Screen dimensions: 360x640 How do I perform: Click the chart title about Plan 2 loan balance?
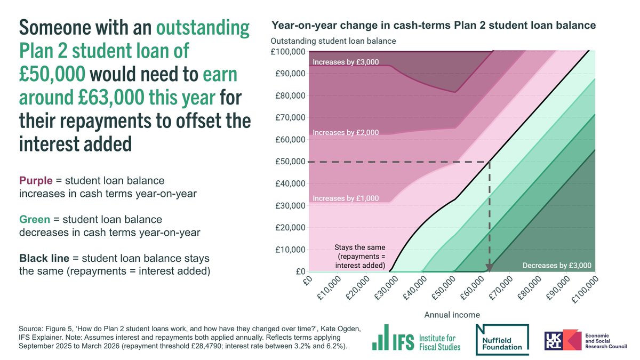(433, 26)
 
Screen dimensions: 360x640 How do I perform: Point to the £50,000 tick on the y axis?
(289, 162)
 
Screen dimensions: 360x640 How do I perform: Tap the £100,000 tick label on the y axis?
(289, 52)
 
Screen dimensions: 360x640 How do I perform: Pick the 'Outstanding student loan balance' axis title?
(333, 41)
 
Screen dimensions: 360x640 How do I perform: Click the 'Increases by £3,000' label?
(346, 62)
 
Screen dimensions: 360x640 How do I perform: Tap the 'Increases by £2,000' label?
(346, 132)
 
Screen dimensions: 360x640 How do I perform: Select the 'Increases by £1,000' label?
(346, 198)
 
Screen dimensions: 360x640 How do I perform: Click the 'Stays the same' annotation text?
(359, 248)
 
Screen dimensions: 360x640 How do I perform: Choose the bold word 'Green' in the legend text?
(33, 220)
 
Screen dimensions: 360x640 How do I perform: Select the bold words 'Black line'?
(44, 259)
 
